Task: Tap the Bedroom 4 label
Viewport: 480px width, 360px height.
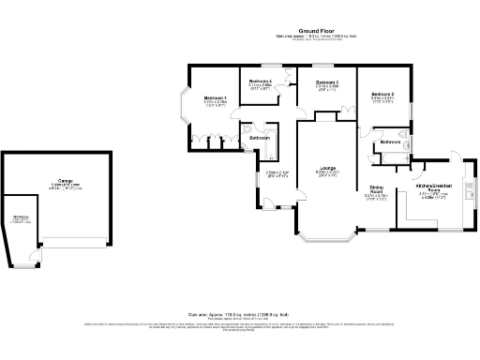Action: pos(261,82)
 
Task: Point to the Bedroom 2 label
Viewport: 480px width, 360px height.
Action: pos(382,95)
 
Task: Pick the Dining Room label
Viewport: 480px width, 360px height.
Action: pos(377,188)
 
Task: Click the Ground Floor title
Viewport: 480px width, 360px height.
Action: pos(317,30)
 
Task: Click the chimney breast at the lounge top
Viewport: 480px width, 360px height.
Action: pos(326,115)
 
